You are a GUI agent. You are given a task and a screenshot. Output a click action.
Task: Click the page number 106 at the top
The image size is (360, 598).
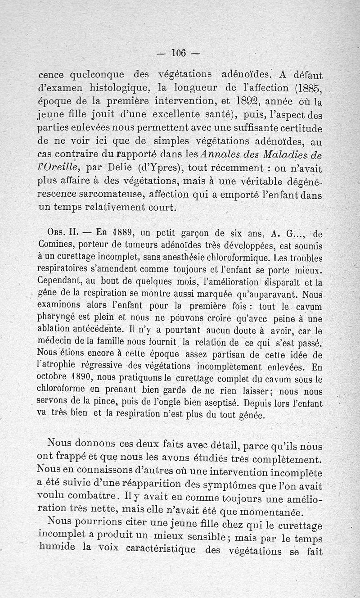click(179, 53)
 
